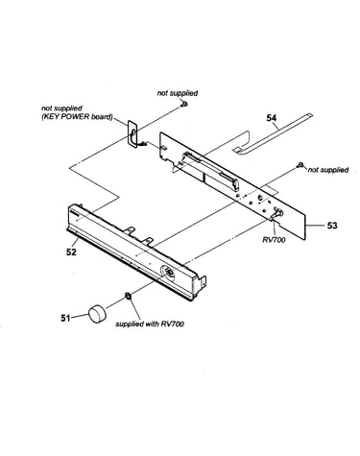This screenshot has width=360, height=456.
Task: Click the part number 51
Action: tap(65, 318)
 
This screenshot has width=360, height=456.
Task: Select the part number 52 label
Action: tap(71, 252)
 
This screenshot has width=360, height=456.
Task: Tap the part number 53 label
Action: tap(332, 226)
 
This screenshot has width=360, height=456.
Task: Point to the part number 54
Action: tap(272, 118)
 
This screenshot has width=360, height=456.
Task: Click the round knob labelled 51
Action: tap(97, 313)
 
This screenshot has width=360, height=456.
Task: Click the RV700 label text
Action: tap(274, 240)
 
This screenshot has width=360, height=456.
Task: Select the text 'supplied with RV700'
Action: tap(150, 324)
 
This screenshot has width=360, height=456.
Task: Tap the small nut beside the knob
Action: tap(128, 296)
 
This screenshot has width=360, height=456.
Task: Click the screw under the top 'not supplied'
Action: tap(183, 104)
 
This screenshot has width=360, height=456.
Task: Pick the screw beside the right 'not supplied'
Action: tap(300, 165)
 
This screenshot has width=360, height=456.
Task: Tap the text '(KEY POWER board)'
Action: tap(77, 117)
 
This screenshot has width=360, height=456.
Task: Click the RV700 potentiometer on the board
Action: tap(276, 213)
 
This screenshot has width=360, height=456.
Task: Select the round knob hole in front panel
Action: tap(167, 273)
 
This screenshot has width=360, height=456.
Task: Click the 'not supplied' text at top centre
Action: tap(178, 93)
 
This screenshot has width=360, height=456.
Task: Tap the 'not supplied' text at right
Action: tap(328, 170)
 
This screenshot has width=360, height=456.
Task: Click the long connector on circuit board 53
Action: tap(209, 170)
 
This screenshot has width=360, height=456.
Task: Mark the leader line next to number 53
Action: tap(315, 226)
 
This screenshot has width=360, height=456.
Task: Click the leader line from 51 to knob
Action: tap(80, 317)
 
